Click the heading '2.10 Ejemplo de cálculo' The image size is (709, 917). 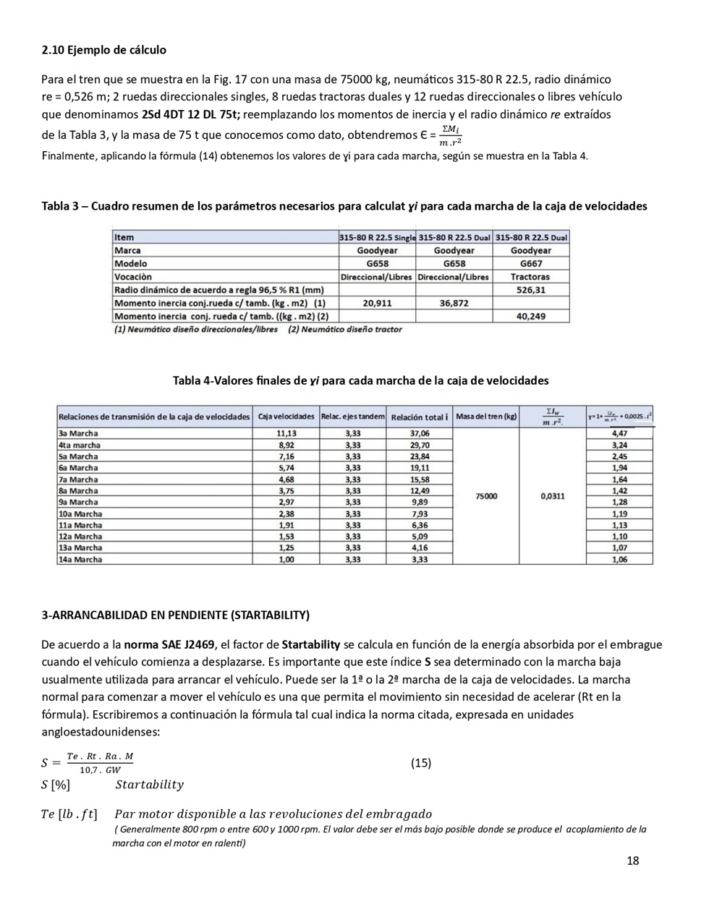(103, 50)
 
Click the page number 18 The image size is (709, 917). (632, 860)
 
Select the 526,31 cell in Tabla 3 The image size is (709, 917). (530, 290)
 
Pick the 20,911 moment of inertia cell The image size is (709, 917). (377, 303)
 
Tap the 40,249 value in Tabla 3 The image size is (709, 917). (530, 316)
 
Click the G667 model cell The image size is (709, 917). (530, 264)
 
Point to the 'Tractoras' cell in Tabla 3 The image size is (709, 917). (530, 277)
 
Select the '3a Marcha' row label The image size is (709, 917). (78, 433)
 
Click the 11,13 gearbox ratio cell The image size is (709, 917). (286, 433)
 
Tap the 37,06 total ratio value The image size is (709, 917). (420, 433)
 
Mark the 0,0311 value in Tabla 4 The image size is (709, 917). (553, 496)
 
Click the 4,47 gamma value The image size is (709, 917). (619, 433)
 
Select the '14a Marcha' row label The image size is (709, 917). (80, 559)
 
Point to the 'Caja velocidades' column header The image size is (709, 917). (286, 417)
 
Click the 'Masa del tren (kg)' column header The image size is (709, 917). (486, 417)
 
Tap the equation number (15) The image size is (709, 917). (420, 762)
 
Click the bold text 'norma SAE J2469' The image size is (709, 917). (169, 644)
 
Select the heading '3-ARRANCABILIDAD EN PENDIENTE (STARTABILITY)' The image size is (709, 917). (175, 615)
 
